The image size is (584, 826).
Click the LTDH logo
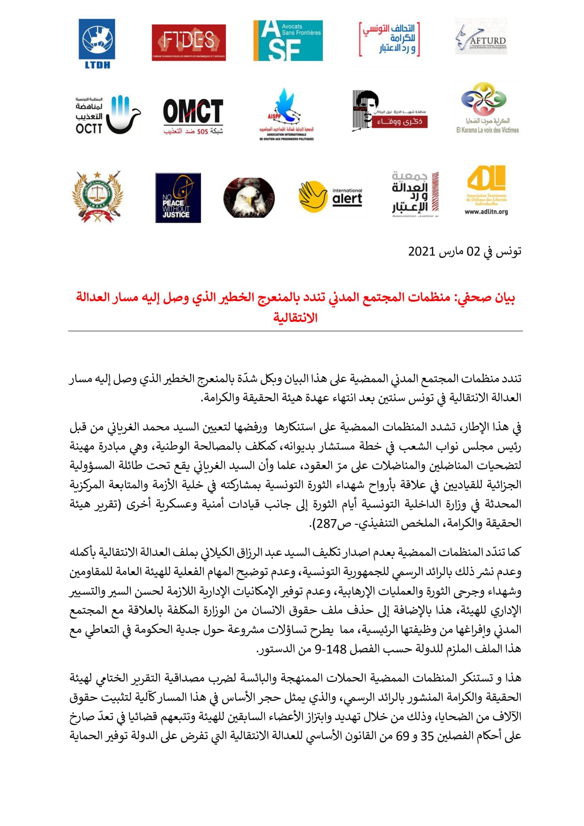pos(97,44)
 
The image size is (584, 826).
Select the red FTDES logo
pos(189,43)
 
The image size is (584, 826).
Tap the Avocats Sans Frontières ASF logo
pos(288,40)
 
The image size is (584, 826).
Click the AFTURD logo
pos(481,37)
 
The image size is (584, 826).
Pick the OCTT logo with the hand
pos(108,114)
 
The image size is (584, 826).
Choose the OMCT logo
pos(193,116)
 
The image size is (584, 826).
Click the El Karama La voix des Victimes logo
pos(487,109)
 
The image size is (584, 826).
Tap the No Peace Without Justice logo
pos(178,198)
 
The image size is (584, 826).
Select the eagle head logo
pos(249,198)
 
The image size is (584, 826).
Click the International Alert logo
pos(331,197)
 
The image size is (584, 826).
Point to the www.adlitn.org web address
pos(486,212)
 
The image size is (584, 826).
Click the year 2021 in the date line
pos(421,251)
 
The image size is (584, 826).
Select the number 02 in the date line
pos(472,251)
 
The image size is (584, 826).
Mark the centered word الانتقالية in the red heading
pos(296,318)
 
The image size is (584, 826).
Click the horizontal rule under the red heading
pos(295,331)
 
